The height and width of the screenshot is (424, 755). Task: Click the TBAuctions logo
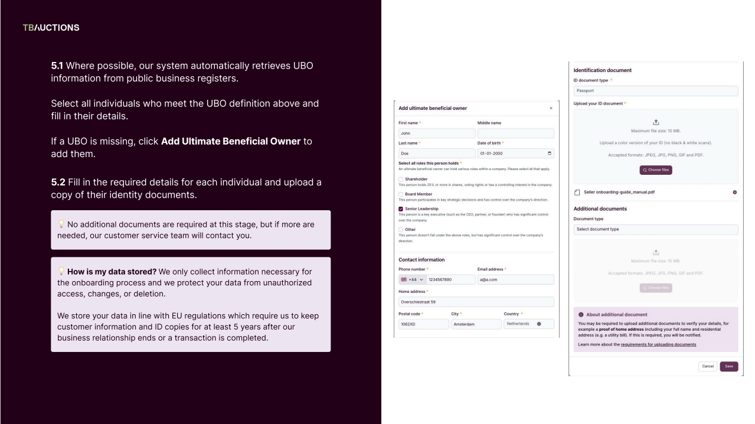[x=51, y=28]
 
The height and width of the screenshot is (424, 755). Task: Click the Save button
[x=728, y=366]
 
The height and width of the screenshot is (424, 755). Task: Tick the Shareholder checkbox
[x=401, y=180]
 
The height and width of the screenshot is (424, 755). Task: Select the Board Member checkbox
[x=401, y=194]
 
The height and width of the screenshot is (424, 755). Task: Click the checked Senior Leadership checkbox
[x=401, y=208]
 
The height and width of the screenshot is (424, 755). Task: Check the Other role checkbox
[x=401, y=229]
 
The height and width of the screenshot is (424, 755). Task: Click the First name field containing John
[x=435, y=133]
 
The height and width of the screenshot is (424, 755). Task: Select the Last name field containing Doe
[x=435, y=154]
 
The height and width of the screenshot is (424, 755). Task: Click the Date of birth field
[x=515, y=154]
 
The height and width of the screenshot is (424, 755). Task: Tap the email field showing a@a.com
[x=515, y=280]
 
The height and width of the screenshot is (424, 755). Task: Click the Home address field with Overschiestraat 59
[x=475, y=302]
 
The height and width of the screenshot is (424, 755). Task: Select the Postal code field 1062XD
[x=423, y=324]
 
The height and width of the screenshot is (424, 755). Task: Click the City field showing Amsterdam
[x=475, y=324]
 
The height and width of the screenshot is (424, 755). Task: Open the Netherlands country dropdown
[x=529, y=324]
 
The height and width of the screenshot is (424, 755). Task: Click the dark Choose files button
[x=655, y=169]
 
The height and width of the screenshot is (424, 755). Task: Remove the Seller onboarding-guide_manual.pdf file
[x=734, y=193]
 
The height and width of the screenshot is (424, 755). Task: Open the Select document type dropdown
[x=655, y=229]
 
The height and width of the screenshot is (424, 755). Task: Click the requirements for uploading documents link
[x=658, y=344]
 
